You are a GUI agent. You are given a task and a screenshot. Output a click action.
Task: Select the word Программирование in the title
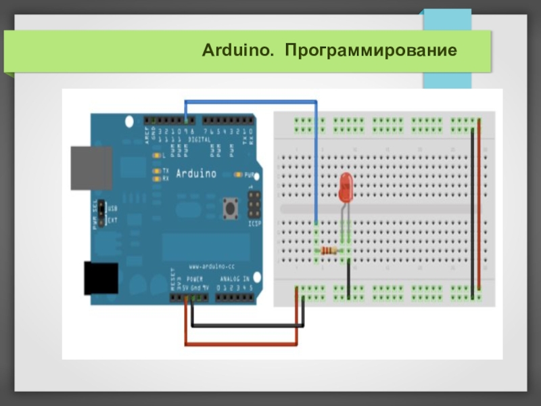371,51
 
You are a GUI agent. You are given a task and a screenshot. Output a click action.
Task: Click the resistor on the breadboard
329,251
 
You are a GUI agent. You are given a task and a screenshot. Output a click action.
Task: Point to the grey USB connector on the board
91,168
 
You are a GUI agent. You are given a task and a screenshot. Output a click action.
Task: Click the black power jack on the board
101,277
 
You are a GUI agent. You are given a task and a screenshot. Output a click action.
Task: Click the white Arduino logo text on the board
196,174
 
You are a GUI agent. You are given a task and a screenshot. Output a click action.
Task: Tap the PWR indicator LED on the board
238,175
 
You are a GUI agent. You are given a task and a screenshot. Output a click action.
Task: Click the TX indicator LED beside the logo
156,171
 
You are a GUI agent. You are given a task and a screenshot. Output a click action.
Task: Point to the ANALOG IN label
235,279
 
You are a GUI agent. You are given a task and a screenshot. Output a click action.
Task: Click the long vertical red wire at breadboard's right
479,203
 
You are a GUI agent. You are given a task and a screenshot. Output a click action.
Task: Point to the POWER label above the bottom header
195,279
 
